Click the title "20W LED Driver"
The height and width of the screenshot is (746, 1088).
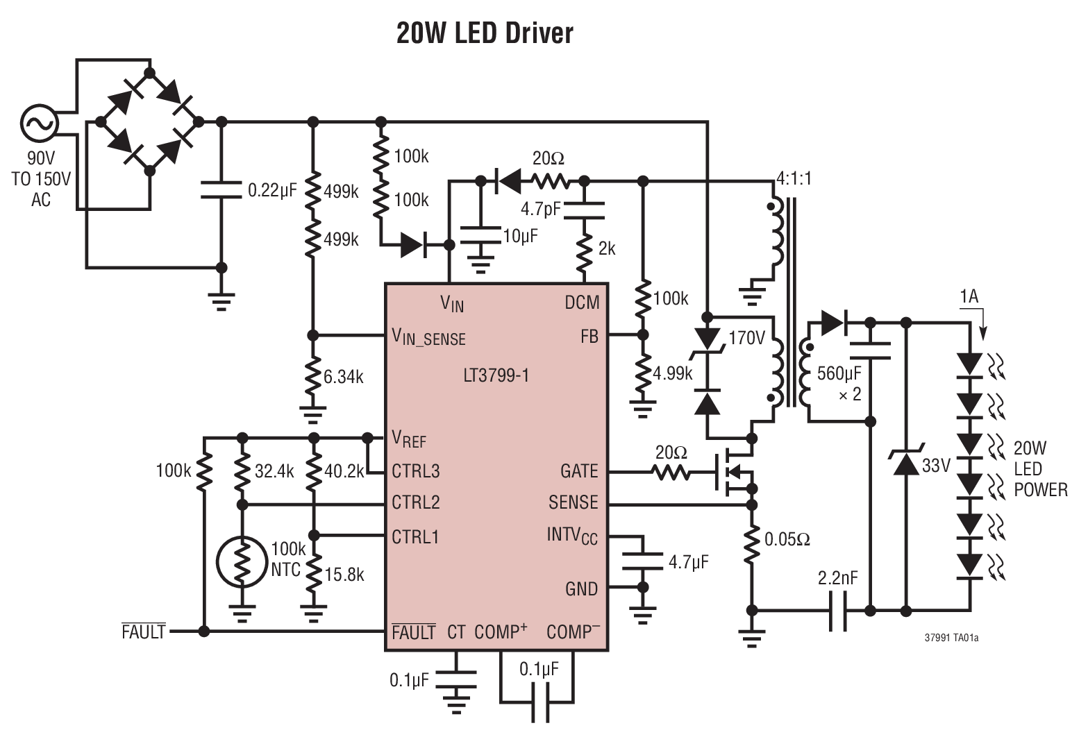[485, 33]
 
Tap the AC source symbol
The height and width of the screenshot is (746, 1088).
[38, 123]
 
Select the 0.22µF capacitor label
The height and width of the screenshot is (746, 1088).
[272, 189]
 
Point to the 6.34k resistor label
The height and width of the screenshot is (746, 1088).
[344, 377]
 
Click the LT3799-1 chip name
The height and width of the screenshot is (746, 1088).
[496, 375]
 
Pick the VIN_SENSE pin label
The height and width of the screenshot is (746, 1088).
[428, 337]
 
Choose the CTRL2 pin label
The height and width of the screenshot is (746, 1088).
[415, 502]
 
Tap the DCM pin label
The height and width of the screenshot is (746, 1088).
[582, 303]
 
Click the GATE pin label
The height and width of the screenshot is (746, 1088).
[579, 471]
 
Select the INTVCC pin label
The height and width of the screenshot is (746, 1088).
[572, 536]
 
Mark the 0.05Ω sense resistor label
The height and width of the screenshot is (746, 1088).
[787, 539]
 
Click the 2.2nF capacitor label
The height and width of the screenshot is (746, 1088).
[838, 577]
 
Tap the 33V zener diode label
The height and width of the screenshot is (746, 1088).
[936, 465]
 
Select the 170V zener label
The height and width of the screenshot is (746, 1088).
[746, 338]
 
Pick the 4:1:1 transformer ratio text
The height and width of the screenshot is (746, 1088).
[794, 178]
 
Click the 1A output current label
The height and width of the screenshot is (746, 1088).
[969, 297]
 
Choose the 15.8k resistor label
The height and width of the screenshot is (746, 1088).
[344, 575]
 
